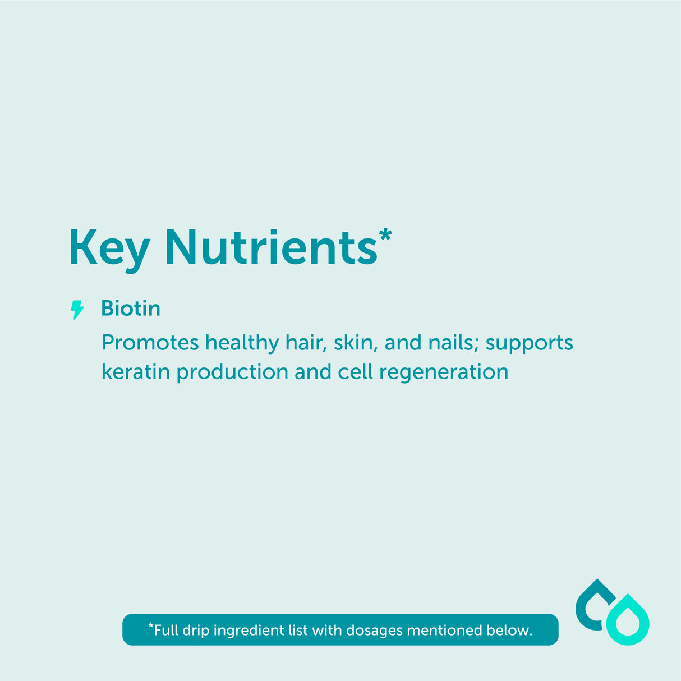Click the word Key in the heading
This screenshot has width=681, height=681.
coord(109,249)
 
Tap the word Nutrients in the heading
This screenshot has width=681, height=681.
coord(271,247)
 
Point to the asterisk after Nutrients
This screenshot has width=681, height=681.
coord(385,234)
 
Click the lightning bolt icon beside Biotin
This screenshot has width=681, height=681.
coord(77,309)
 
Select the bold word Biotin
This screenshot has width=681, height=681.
coord(130,309)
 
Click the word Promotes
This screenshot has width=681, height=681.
coord(150,343)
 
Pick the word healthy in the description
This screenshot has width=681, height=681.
coord(242,343)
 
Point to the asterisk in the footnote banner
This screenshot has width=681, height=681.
coord(150,625)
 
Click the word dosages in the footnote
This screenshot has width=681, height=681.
coord(374,631)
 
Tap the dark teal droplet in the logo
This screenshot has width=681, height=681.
coord(593,605)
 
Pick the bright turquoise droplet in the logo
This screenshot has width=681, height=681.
coord(628,621)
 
